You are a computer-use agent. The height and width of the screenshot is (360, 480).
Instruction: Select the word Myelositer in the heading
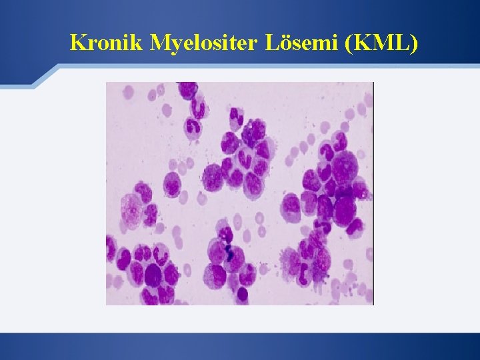(208, 44)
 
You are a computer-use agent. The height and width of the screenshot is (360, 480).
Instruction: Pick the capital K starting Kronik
(78, 43)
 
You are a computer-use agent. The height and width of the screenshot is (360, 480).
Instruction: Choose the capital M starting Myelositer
(163, 43)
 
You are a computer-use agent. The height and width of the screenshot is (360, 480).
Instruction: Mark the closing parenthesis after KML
(415, 43)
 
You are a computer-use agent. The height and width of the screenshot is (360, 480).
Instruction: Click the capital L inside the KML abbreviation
(404, 43)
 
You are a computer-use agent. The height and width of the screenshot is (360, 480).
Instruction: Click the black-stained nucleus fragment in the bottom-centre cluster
(228, 252)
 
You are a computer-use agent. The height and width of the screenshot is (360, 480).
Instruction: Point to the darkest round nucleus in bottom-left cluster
(154, 274)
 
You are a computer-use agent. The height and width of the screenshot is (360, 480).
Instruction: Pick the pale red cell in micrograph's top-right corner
(367, 100)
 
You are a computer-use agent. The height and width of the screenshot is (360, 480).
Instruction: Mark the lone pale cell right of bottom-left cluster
(188, 270)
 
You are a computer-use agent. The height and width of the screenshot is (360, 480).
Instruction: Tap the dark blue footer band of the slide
(240, 347)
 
